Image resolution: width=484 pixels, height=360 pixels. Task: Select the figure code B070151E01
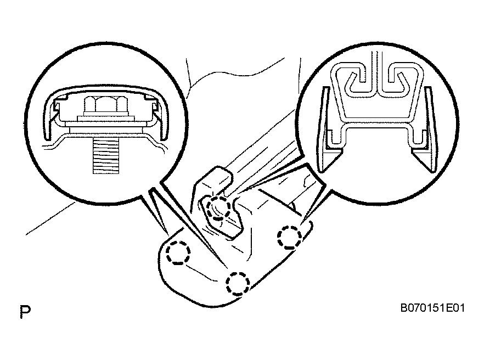point(432,308)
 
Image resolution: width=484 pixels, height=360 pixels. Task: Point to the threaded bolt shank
point(106,156)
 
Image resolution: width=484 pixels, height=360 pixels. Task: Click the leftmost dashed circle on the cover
point(178,252)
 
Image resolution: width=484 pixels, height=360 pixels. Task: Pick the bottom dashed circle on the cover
point(238,283)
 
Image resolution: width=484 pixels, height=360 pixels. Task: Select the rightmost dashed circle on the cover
point(289,238)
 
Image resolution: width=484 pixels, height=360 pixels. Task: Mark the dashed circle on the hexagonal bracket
point(218,209)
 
